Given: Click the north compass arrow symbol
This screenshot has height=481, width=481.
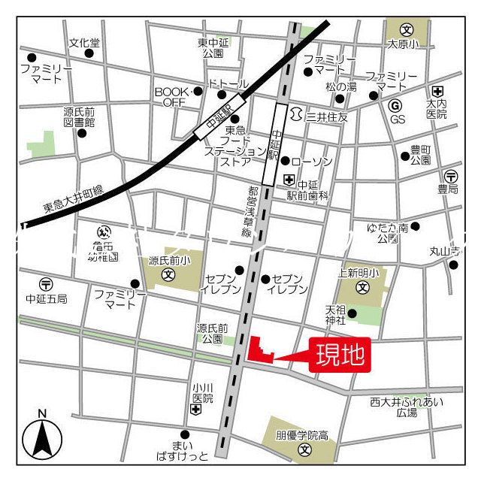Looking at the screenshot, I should (x=42, y=439).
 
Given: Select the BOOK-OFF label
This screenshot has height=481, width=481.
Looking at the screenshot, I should (x=170, y=97).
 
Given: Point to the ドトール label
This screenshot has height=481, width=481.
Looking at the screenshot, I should (x=227, y=82).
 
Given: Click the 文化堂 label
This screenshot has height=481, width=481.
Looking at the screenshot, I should (x=84, y=43).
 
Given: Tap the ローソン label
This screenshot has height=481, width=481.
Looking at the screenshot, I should (x=310, y=162).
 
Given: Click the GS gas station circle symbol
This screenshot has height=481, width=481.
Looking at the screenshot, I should (x=396, y=104).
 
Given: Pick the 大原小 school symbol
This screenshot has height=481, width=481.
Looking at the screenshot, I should (x=407, y=31).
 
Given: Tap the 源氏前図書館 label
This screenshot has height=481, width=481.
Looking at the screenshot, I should (x=79, y=116).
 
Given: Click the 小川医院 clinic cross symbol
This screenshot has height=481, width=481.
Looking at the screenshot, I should (x=196, y=410).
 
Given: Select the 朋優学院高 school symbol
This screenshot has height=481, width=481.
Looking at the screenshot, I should (x=304, y=450).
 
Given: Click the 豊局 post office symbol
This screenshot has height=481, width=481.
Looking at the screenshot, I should (x=449, y=175).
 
